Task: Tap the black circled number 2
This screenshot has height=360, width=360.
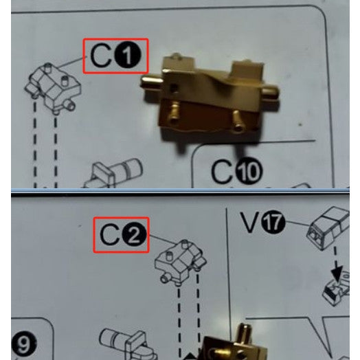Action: click(x=134, y=236)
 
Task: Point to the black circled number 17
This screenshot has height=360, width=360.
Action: click(x=273, y=223)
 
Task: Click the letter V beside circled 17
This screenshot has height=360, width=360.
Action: click(x=251, y=222)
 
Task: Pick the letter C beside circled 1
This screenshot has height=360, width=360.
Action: click(x=101, y=56)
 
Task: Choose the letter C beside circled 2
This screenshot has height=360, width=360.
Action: click(x=110, y=236)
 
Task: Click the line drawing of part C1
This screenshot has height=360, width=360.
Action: click(x=54, y=89)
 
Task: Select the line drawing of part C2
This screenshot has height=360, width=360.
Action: click(x=181, y=262)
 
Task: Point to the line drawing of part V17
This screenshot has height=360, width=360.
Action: click(x=329, y=228)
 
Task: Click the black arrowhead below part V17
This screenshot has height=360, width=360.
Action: click(x=337, y=273)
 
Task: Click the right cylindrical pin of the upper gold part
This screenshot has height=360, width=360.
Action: click(x=271, y=92)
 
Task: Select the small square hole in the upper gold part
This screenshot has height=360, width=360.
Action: click(x=175, y=87)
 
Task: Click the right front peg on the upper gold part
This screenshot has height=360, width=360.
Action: click(x=237, y=122)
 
